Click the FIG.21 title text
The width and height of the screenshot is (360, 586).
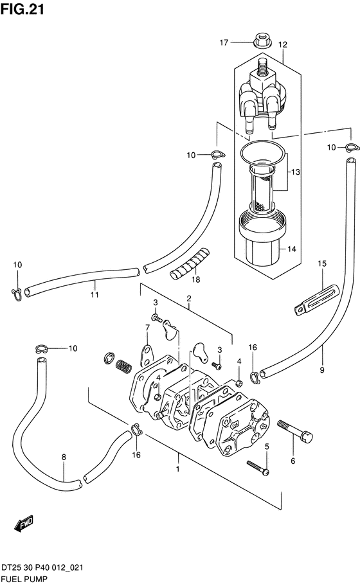click(22, 9)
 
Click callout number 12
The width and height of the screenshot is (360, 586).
click(283, 45)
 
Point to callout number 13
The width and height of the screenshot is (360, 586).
click(296, 172)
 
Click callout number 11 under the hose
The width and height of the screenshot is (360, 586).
click(94, 294)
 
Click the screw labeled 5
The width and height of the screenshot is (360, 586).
click(258, 468)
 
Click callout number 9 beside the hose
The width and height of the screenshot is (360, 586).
click(322, 370)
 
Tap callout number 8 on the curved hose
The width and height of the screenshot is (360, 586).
click(64, 457)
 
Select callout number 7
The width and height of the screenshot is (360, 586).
click(147, 328)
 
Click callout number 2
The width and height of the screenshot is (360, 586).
click(189, 298)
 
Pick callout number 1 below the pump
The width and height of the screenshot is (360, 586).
click(178, 468)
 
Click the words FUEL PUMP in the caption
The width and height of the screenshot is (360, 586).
click(24, 580)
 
